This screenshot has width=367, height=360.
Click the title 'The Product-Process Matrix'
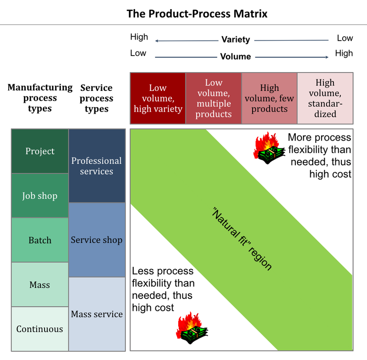[197, 14]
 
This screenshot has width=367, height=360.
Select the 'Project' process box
[40, 151]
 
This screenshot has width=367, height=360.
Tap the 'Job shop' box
[40, 196]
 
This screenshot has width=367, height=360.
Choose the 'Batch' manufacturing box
[40, 240]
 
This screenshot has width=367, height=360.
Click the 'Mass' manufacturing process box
[40, 284]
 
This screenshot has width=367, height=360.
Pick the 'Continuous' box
[40, 329]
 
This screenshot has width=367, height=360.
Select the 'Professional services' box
[97, 166]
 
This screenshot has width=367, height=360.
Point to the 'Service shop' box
[97, 240]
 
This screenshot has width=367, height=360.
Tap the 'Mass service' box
[97, 314]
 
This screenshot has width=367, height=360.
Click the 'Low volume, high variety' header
[158, 98]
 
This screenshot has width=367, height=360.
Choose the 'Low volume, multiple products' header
[214, 98]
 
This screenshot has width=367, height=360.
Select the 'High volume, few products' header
[270, 98]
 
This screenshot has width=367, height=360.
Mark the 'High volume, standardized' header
[325, 98]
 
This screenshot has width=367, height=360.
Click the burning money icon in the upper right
[269, 148]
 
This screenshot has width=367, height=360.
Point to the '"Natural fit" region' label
[242, 239]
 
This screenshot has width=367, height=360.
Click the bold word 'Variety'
[236, 39]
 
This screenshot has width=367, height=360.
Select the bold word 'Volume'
[236, 56]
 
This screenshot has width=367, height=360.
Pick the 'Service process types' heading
[96, 98]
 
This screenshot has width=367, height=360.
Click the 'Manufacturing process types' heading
[40, 98]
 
